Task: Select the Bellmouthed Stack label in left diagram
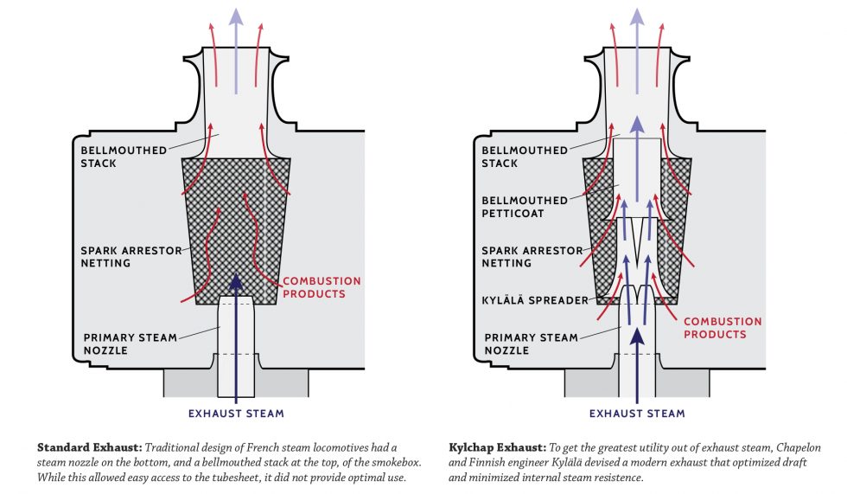coord(120,157)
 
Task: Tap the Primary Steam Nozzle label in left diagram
coord(131,343)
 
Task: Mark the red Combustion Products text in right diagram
coord(722,327)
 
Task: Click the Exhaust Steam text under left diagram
coord(236,414)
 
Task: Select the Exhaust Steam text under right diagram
coord(637,414)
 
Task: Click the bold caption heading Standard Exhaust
coord(89,447)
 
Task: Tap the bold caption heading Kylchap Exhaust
coord(495,447)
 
